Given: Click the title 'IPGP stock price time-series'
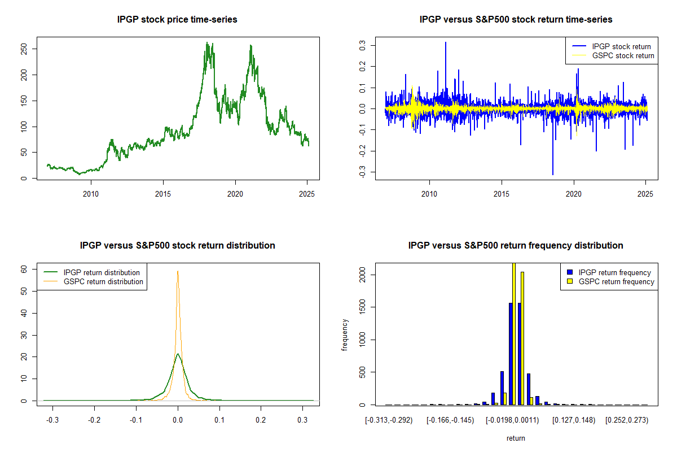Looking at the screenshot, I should point(177,20).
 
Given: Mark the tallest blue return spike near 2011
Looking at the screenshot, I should point(446,42).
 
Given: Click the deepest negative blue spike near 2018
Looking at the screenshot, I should point(553,174).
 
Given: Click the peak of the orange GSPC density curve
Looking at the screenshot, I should point(178,271).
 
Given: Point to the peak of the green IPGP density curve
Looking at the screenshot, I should point(178,354).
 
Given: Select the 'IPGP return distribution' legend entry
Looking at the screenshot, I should point(102,272).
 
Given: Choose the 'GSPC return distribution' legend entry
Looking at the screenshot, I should point(103,281).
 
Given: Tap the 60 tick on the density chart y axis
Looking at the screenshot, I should point(26,270).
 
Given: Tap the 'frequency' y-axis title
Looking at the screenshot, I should point(345,335).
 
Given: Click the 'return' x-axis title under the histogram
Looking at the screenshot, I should point(516,438).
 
